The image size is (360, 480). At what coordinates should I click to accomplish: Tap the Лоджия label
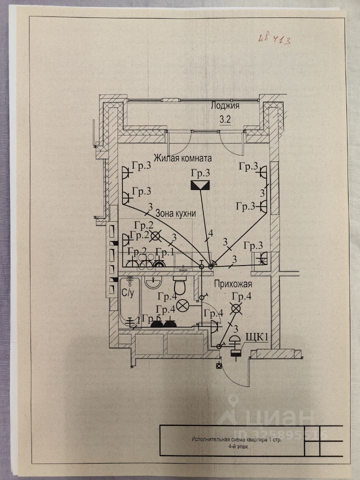tap(225, 106)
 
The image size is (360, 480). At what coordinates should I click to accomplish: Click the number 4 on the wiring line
tap(210, 233)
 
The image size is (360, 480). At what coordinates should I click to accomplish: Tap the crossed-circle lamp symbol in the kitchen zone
tap(157, 235)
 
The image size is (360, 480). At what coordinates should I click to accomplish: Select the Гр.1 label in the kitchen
tap(164, 251)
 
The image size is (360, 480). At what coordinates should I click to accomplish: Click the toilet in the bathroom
tap(179, 287)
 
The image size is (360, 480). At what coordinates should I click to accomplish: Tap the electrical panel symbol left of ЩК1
tap(233, 346)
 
